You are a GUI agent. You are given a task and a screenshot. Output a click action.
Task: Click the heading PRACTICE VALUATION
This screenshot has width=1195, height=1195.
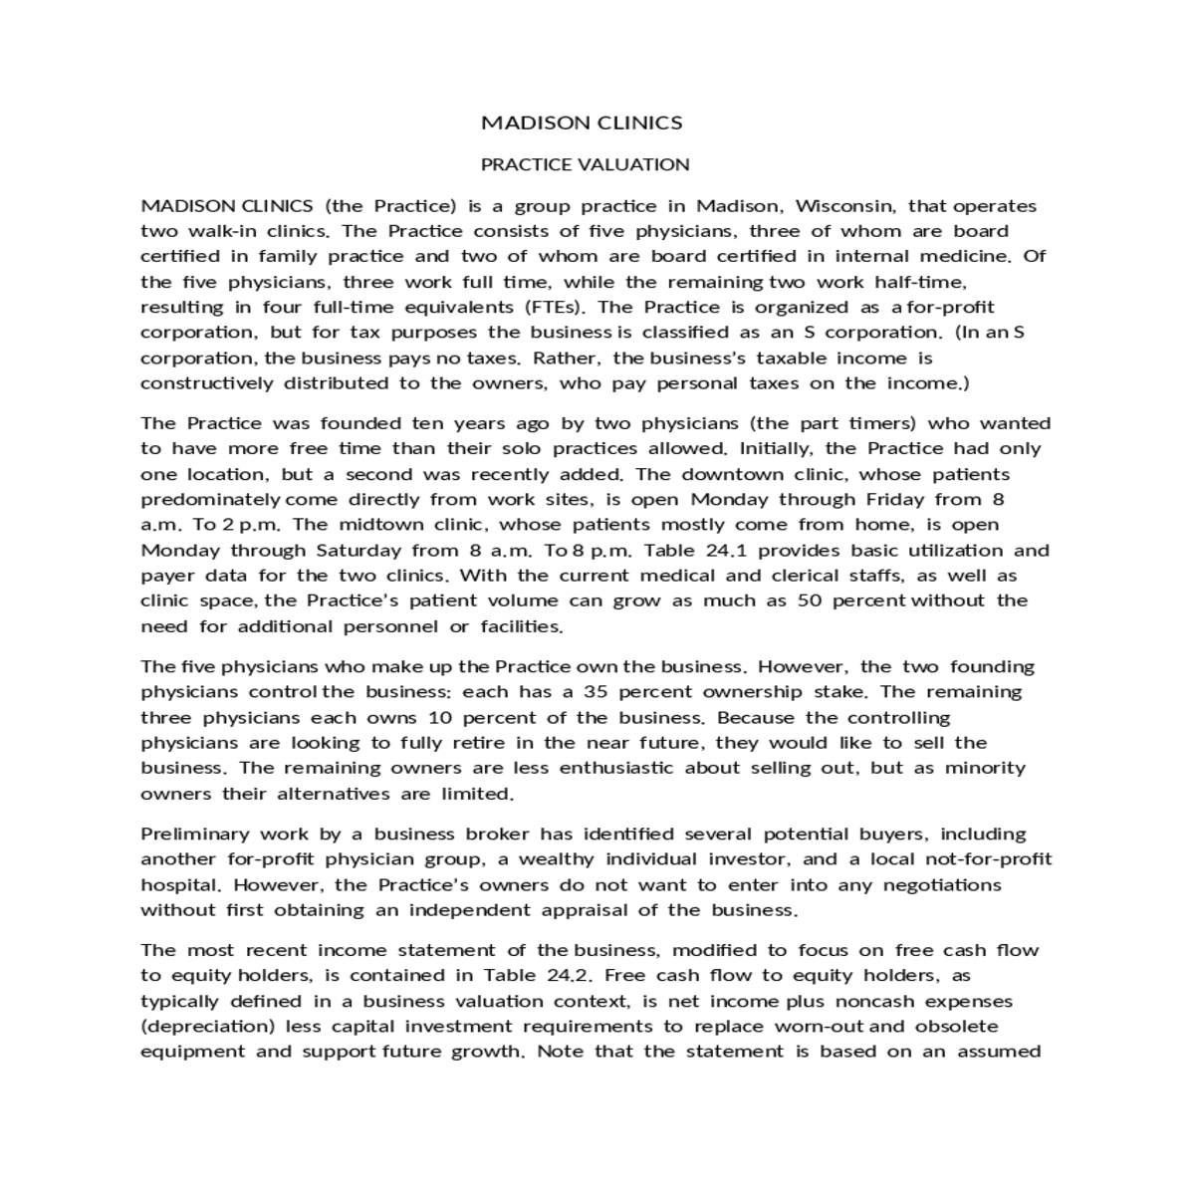(585, 164)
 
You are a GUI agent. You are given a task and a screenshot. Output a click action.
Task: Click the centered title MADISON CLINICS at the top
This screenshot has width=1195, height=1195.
(582, 122)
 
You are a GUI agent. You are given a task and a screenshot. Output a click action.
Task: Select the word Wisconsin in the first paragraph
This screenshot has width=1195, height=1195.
(845, 206)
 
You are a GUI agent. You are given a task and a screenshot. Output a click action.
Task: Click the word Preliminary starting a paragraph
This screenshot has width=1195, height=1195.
(194, 834)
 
